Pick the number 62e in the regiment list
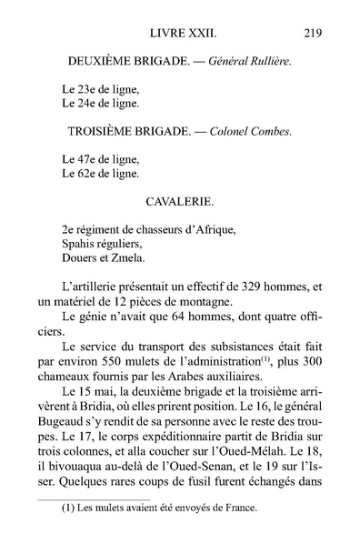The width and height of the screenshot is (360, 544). click(83, 173)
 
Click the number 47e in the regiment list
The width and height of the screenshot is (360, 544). click(83, 158)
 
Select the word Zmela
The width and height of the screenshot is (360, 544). click(131, 257)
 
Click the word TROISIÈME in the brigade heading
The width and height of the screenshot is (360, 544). click(108, 131)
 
